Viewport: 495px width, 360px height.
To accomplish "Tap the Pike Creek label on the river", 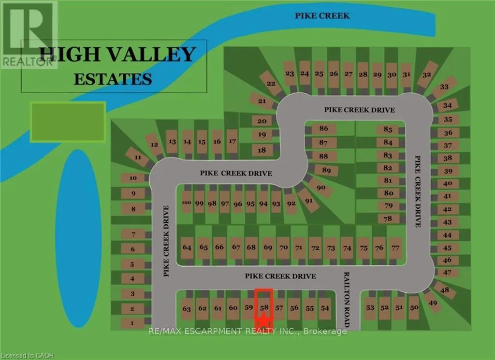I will click(x=322, y=16).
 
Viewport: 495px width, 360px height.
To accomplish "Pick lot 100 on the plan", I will click(x=187, y=203).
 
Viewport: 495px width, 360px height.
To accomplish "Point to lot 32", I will click(x=426, y=75).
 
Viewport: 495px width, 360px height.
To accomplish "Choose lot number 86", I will click(x=323, y=129).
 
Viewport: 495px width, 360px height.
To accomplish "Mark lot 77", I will click(x=395, y=248).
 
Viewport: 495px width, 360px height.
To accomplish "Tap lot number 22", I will click(x=271, y=84).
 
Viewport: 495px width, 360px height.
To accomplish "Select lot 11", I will click(x=138, y=158).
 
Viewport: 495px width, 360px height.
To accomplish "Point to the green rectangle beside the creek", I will click(x=68, y=122).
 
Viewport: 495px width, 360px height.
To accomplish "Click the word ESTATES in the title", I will click(x=113, y=78).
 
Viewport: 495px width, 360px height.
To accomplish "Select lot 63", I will click(x=188, y=308).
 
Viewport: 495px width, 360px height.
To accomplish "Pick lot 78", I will click(x=388, y=218).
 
